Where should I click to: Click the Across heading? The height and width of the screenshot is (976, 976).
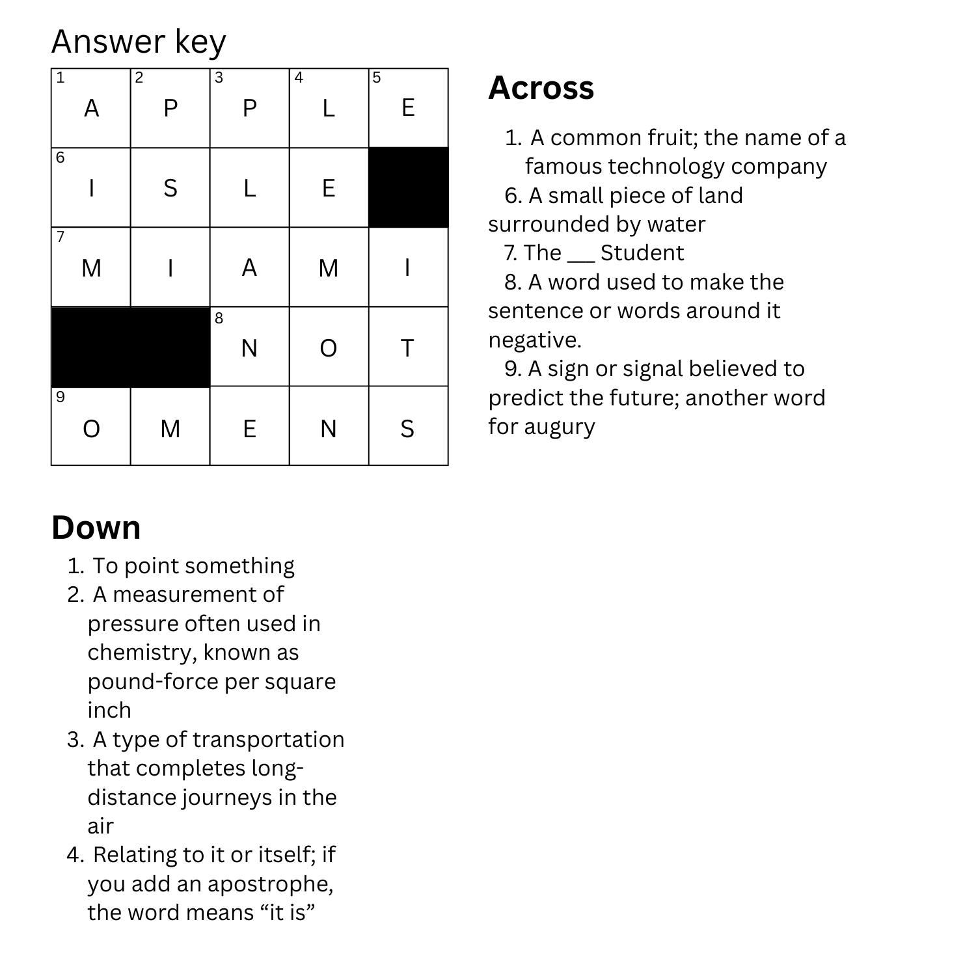tap(541, 88)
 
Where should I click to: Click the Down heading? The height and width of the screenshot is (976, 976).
tap(96, 527)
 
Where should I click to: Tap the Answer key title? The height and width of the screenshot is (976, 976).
tap(139, 42)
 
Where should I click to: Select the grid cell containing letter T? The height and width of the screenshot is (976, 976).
tap(408, 347)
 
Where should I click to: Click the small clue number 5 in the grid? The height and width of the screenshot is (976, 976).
tap(376, 78)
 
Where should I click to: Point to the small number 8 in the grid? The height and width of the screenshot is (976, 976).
tap(219, 318)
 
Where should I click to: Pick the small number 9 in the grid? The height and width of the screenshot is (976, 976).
tap(61, 397)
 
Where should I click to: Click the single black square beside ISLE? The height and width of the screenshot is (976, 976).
tap(408, 187)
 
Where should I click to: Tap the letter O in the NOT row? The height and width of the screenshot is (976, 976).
tap(329, 349)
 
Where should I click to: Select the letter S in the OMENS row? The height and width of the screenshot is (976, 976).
tap(407, 429)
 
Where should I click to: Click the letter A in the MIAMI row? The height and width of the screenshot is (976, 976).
tap(249, 268)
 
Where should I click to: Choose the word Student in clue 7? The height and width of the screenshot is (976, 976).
tap(642, 253)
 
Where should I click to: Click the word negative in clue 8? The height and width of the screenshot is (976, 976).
tap(534, 340)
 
